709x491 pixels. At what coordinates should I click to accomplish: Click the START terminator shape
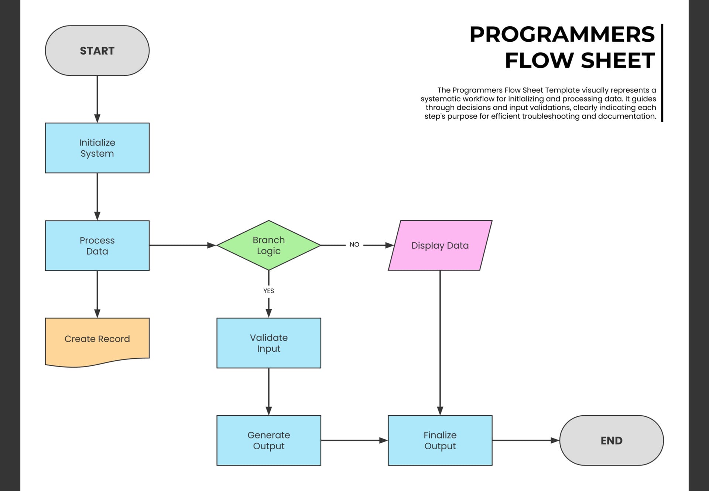pyautogui.click(x=97, y=51)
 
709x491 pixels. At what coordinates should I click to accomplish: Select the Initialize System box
pyautogui.click(x=97, y=148)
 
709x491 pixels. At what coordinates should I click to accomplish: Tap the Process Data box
pyautogui.click(x=97, y=246)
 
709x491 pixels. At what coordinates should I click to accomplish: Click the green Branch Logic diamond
pyautogui.click(x=268, y=245)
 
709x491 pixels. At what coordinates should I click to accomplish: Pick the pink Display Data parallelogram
pyautogui.click(x=440, y=245)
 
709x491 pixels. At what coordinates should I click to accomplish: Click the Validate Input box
pyautogui.click(x=268, y=343)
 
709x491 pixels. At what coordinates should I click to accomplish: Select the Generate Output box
pyautogui.click(x=268, y=440)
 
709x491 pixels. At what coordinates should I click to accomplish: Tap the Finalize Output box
pyautogui.click(x=440, y=440)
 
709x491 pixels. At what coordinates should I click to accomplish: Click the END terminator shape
pyautogui.click(x=612, y=440)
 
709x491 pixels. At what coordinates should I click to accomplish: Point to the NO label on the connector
pyautogui.click(x=354, y=245)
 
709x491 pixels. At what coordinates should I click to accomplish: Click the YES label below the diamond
pyautogui.click(x=268, y=291)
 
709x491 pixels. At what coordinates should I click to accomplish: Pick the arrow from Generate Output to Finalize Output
pyautogui.click(x=354, y=440)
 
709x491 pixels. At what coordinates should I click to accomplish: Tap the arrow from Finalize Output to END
pyautogui.click(x=525, y=440)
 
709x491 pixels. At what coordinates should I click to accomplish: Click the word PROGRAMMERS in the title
pyautogui.click(x=562, y=34)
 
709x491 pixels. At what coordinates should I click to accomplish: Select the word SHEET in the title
pyautogui.click(x=618, y=61)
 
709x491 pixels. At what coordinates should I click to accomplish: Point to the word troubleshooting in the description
pyautogui.click(x=551, y=116)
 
